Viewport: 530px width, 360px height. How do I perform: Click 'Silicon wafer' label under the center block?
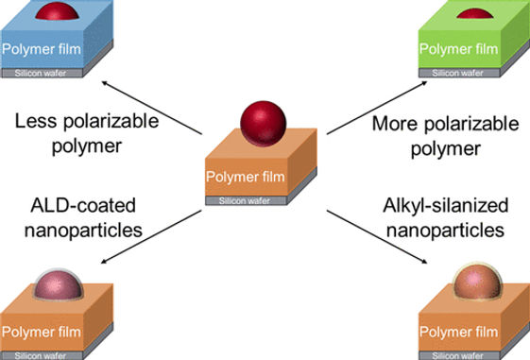[246, 200]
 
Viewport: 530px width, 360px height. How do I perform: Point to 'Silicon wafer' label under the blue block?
[47, 72]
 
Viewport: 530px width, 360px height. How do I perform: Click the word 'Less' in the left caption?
[36, 121]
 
